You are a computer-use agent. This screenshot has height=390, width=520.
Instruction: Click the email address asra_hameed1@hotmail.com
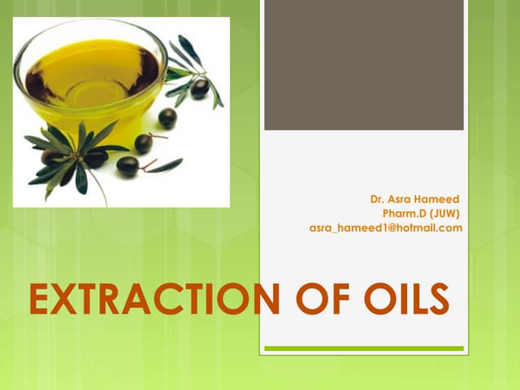coord(386,228)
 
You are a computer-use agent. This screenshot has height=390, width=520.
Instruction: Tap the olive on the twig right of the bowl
coord(199,89)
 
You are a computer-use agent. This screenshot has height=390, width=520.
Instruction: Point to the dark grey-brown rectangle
coord(363,65)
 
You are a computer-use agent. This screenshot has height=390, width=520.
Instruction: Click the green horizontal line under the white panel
coord(363,349)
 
